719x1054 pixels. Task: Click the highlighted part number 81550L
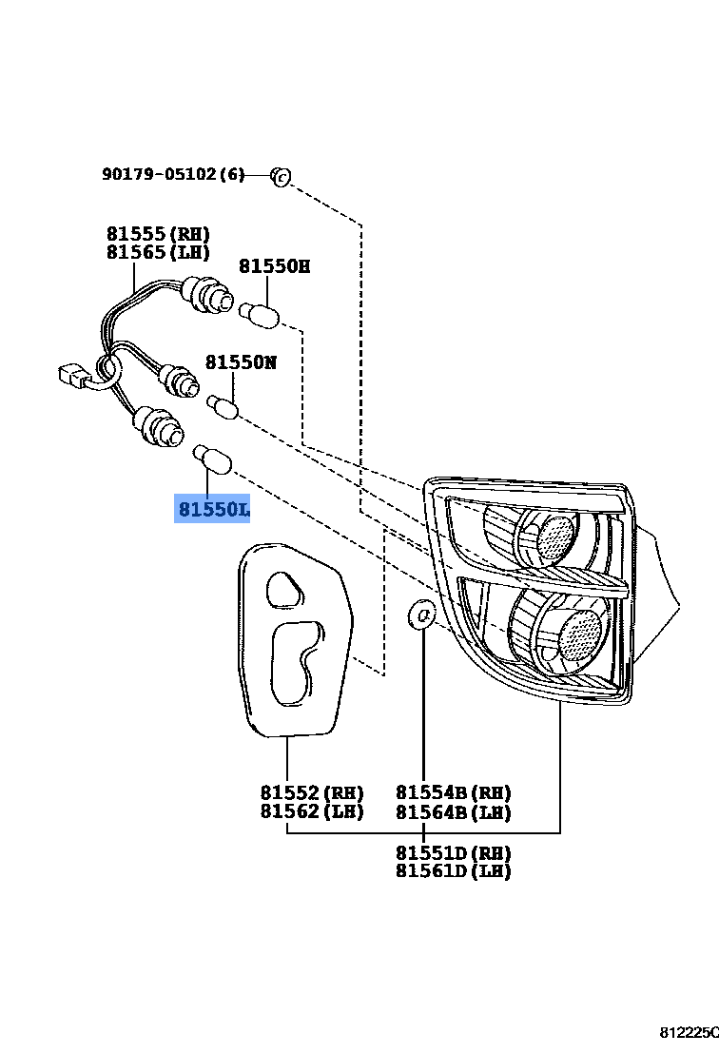pos(213,511)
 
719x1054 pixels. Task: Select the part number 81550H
pos(274,266)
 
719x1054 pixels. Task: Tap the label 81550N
pos(242,362)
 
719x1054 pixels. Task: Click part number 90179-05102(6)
pos(173,174)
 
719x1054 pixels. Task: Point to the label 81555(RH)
pos(158,234)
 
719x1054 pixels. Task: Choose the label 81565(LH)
pos(158,252)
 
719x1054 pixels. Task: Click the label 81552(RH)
pos(312,792)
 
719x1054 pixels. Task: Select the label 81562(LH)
pos(312,811)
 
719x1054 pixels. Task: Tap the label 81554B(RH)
pos(454,792)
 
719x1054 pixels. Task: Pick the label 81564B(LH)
pos(454,811)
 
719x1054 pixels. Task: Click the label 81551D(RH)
pos(454,852)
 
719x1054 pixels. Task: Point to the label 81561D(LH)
pos(454,871)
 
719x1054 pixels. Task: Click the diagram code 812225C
pos(689,1032)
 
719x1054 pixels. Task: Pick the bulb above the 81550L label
pos(211,460)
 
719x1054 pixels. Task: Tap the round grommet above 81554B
pos(422,615)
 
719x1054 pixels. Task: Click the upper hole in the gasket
pos(282,589)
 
